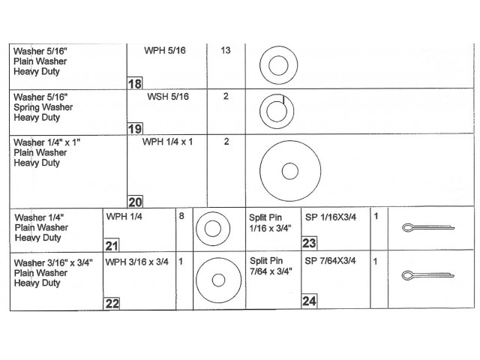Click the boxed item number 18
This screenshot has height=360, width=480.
[135, 84]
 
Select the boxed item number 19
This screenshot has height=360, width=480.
[135, 128]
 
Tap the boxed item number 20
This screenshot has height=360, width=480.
[135, 201]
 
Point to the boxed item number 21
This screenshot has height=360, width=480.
[111, 244]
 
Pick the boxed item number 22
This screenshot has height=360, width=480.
[111, 303]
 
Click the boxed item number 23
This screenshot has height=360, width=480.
[309, 243]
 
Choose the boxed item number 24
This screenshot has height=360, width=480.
[309, 301]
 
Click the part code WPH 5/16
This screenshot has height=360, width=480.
[165, 50]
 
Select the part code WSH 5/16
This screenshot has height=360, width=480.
[168, 97]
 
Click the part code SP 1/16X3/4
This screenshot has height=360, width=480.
[331, 217]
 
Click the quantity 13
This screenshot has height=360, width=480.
[225, 50]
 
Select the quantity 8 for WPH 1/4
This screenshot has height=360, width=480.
[181, 216]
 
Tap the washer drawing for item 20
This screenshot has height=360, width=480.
[289, 171]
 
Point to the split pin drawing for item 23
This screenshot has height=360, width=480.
[425, 228]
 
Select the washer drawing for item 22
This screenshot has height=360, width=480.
[218, 281]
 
